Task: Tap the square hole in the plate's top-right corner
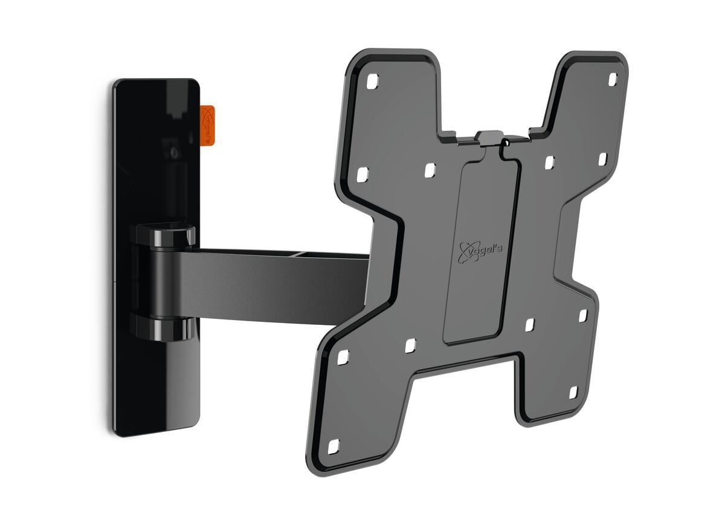click(612, 78)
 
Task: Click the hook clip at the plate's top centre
click(490, 139)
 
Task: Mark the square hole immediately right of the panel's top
click(549, 163)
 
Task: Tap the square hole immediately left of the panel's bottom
click(410, 345)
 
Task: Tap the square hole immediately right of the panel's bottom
click(530, 325)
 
